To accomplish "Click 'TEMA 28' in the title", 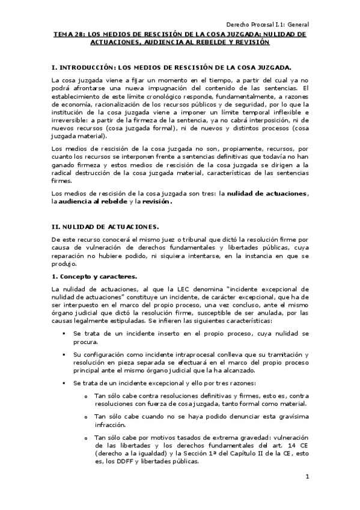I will pyautogui.click(x=67, y=34).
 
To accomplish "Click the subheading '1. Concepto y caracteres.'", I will pyautogui.click(x=94, y=276).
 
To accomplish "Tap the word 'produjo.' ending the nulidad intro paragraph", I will pyautogui.click(x=65, y=263).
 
